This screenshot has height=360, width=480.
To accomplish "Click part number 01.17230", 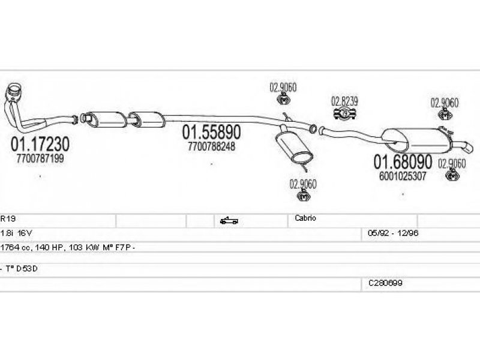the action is (x=40, y=144).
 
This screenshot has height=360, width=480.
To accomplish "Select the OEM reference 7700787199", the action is (x=40, y=158).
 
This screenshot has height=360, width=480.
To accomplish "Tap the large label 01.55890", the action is (x=212, y=132).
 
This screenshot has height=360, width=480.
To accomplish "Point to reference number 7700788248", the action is (x=212, y=146).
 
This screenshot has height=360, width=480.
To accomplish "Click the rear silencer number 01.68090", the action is (x=403, y=161).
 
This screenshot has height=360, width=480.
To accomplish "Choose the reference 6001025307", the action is (x=403, y=176).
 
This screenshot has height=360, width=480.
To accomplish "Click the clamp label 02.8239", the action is (x=344, y=101).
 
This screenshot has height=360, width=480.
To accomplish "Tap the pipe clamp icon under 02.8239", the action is (x=344, y=113).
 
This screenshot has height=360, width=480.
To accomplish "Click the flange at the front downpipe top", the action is (x=14, y=91).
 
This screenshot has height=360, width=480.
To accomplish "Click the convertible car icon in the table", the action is (x=229, y=220).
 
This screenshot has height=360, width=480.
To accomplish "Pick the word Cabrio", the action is (x=305, y=218).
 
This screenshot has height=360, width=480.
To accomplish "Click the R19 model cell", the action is (x=8, y=218).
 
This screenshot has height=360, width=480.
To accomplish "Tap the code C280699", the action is (x=385, y=283).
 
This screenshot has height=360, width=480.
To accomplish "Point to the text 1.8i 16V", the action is (x=16, y=233).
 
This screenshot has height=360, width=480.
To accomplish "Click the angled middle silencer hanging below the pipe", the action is (x=294, y=147).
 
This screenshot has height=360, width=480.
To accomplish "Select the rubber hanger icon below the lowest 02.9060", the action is (x=304, y=196).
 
